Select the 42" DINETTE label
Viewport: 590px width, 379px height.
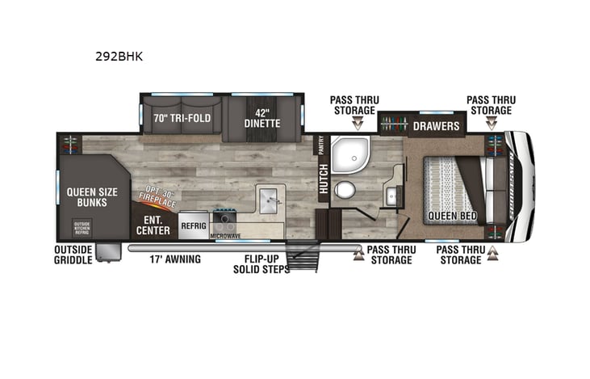[262, 118]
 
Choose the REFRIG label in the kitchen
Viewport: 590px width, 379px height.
[194, 226]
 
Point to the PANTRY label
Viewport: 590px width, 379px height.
[321, 145]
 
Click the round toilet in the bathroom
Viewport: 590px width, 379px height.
[345, 191]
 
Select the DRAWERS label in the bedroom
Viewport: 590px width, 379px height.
[436, 126]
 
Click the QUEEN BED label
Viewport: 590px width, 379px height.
[452, 217]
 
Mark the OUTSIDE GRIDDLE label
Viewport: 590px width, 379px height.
[73, 255]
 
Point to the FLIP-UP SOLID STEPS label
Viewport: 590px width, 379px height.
[267, 264]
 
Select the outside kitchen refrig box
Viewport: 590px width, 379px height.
[82, 228]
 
